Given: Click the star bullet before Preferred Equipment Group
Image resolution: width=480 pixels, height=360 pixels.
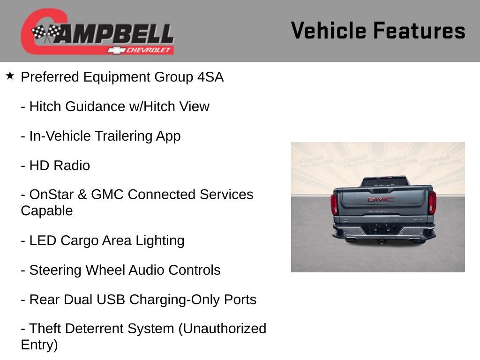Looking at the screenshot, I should [x=10, y=75].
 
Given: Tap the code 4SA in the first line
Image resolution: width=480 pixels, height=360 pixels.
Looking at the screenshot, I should [x=210, y=77].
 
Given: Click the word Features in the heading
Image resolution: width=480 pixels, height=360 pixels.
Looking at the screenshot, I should [x=419, y=30].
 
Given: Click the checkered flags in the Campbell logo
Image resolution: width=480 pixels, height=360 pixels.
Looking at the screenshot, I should [x=45, y=33].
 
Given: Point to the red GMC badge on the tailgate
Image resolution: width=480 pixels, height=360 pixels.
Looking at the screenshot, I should [x=380, y=199].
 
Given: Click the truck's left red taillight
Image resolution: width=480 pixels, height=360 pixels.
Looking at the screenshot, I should [x=334, y=204].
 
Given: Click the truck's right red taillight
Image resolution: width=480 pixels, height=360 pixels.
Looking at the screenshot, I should [x=432, y=202].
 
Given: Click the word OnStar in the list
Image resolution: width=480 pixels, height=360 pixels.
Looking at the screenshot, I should [x=49, y=195].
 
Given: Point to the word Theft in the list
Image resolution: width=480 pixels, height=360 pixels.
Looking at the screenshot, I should [x=45, y=329].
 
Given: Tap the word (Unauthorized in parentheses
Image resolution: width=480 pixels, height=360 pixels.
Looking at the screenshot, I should [x=222, y=329].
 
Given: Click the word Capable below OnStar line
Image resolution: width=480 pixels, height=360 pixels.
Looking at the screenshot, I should [x=47, y=211].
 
